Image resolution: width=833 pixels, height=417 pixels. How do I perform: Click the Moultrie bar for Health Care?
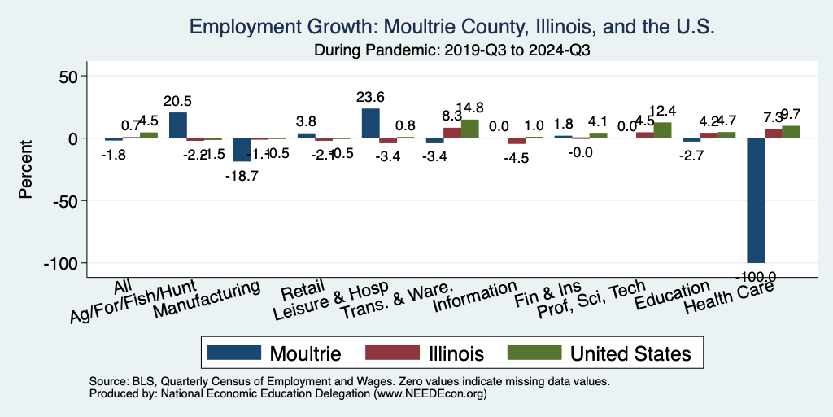[756, 200]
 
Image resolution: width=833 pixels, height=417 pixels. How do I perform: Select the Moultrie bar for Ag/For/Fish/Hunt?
[177, 125]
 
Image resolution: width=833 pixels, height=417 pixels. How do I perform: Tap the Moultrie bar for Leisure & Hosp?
[370, 123]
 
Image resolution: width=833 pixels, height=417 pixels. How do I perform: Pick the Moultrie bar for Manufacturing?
[242, 150]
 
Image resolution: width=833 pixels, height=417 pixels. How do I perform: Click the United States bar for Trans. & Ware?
[469, 129]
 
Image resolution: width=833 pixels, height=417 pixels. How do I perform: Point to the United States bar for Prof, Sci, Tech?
[662, 130]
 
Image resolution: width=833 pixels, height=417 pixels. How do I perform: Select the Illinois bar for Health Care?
[773, 134]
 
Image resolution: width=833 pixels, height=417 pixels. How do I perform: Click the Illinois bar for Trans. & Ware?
[451, 133]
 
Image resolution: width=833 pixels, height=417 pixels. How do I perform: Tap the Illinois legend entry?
[426, 353]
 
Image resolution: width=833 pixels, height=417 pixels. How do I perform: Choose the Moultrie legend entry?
[274, 353]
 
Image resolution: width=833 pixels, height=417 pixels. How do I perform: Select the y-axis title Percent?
[26, 169]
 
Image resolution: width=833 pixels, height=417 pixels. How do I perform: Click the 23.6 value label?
[370, 97]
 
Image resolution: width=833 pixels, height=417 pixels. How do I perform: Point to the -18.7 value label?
[242, 175]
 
